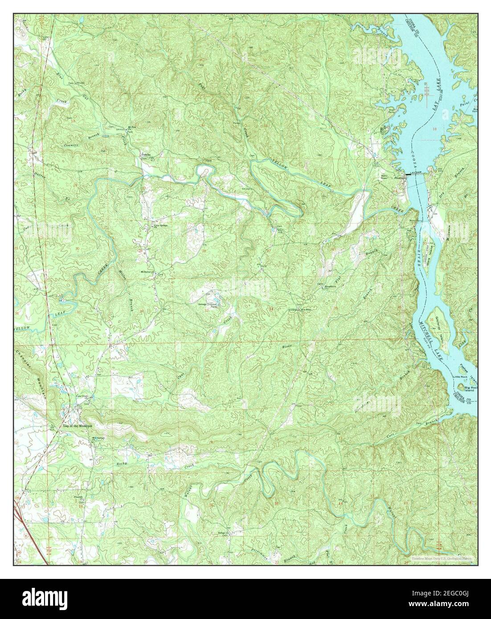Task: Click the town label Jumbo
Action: pyautogui.click(x=146, y=155)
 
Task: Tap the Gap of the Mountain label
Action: pyautogui.click(x=77, y=426)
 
